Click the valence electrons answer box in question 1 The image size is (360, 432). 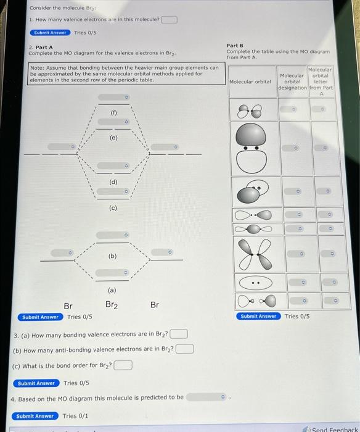[169, 19]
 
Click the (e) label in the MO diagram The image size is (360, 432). [113, 138]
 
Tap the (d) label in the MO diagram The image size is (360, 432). [113, 181]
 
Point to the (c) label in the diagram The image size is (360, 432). [113, 208]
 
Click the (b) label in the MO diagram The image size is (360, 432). [113, 255]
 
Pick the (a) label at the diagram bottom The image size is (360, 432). [112, 289]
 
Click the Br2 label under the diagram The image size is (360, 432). [112, 305]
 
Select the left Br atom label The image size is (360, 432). [68, 305]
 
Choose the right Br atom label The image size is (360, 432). [154, 305]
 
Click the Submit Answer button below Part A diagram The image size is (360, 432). [40, 317]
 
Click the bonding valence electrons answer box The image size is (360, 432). [179, 334]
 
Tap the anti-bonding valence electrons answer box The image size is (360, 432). [184, 349]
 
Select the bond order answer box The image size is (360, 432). [123, 365]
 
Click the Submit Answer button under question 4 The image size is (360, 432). [35, 416]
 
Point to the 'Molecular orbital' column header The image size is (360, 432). [250, 81]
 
